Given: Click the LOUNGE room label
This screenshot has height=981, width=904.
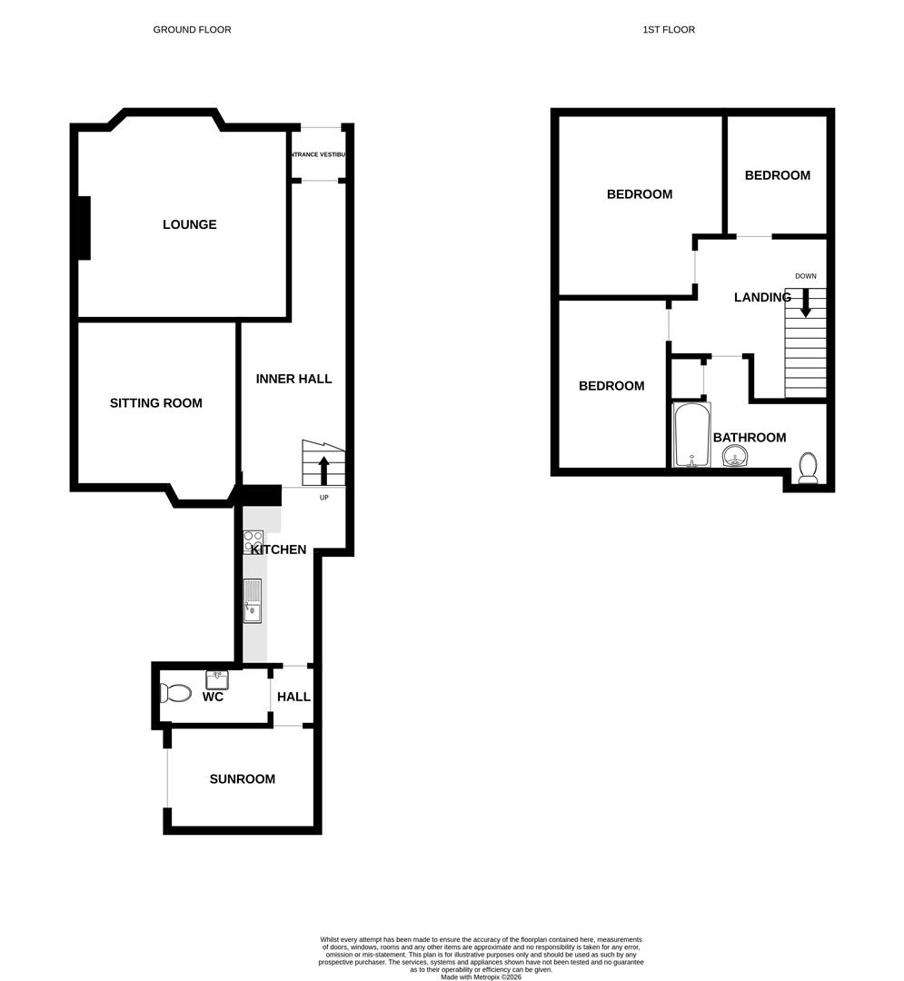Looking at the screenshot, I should [x=189, y=224].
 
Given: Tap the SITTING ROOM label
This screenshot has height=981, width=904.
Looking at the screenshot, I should [x=155, y=402].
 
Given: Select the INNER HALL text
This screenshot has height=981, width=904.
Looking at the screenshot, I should [x=293, y=379].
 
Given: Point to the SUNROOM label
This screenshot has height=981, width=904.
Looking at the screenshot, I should [x=242, y=778].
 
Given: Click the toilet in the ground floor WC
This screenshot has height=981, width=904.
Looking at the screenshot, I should [x=175, y=694].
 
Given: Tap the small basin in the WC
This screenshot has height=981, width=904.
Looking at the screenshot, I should [x=217, y=679].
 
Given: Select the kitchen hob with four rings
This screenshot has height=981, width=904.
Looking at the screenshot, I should [x=253, y=542].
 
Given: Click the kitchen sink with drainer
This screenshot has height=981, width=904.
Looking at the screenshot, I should [x=253, y=601].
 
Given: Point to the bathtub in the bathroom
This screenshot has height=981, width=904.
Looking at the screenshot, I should [x=691, y=435].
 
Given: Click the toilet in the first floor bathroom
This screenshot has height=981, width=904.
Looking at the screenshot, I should [x=808, y=467].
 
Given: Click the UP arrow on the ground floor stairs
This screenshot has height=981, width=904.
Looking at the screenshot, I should [x=323, y=471].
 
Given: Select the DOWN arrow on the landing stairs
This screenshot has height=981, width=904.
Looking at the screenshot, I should [x=805, y=303].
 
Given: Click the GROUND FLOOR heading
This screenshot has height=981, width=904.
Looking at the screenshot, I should [x=192, y=30].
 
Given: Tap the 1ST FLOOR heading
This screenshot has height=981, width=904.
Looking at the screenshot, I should [x=669, y=30].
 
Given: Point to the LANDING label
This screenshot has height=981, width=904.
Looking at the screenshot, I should [x=762, y=297].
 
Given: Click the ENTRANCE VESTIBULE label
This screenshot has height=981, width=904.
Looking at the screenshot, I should [x=318, y=155].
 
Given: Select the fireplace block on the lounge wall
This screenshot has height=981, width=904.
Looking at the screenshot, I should [x=84, y=228].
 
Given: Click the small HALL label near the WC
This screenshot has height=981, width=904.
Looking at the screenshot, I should [x=293, y=697].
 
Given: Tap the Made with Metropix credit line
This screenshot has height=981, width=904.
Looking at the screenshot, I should [x=481, y=976].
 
